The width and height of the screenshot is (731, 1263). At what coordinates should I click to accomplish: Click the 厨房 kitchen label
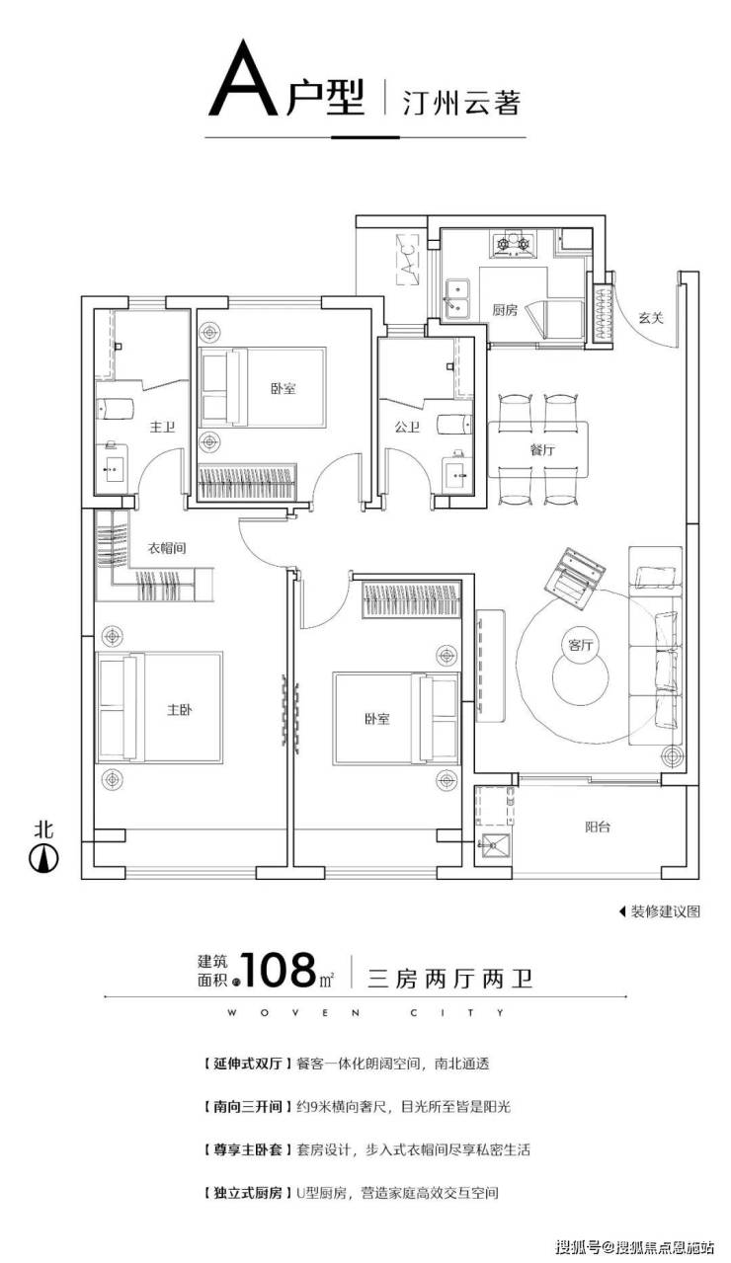point(504,309)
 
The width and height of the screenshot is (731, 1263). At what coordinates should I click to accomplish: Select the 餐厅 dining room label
point(542,450)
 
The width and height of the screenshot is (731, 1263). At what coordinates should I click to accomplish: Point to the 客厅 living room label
point(581,644)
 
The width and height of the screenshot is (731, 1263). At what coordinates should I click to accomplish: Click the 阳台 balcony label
point(598,828)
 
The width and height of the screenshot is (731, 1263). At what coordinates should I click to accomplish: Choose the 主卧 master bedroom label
point(180,709)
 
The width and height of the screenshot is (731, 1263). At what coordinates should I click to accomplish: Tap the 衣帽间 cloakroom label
point(167,547)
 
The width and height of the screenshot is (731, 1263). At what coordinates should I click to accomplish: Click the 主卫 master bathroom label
point(162,427)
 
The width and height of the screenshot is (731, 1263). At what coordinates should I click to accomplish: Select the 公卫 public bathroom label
point(407,427)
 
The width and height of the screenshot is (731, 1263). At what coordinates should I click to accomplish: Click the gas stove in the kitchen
point(513,244)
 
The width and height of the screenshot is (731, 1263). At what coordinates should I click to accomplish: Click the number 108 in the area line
point(278,971)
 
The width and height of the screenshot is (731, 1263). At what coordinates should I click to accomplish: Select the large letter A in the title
point(244,79)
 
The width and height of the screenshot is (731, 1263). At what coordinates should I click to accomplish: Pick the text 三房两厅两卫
point(450,979)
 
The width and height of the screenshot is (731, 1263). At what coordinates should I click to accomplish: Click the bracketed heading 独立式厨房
point(246,1193)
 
